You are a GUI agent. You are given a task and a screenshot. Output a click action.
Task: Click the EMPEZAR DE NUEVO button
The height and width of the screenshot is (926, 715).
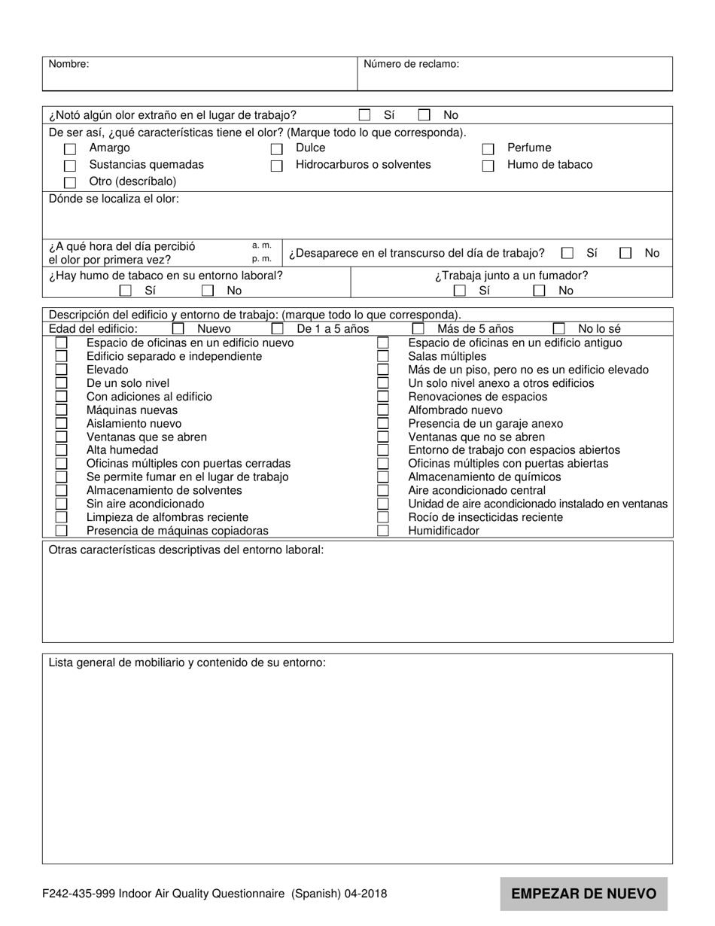[x=583, y=894]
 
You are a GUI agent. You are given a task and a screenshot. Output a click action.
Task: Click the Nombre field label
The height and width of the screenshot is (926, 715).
[x=68, y=65]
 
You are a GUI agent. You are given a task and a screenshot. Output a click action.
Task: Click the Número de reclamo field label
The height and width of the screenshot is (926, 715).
[x=411, y=65]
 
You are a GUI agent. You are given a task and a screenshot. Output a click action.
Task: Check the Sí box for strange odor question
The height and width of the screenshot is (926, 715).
[x=364, y=115]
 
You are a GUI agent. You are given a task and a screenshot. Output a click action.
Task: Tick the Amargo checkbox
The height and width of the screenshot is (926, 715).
[x=70, y=149]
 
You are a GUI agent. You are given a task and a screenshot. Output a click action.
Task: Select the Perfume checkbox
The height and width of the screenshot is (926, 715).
[x=488, y=149]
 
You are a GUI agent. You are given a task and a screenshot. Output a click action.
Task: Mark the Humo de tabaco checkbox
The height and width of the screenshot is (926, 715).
[x=488, y=166]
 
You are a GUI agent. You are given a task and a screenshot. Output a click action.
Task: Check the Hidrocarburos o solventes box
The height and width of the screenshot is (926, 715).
[x=276, y=166]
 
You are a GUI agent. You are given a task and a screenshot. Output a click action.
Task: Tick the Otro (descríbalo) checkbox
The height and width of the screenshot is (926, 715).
[x=70, y=182]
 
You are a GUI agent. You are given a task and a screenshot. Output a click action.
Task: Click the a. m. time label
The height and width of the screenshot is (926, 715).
[x=261, y=245]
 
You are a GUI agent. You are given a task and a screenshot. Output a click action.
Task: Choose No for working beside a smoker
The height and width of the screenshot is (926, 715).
[x=539, y=291]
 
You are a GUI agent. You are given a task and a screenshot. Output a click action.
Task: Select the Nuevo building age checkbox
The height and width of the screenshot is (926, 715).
[x=178, y=329]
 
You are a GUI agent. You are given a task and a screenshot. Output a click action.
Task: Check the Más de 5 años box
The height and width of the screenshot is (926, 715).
[x=418, y=329]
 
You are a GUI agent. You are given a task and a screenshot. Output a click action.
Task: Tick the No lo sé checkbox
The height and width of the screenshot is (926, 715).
[x=558, y=329]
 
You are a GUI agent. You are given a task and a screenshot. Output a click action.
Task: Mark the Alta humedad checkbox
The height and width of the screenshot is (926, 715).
[x=61, y=450]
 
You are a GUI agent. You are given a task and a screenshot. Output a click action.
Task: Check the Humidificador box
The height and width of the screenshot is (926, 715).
[x=383, y=531]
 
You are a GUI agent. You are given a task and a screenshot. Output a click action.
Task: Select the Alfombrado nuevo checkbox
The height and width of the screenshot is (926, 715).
[x=383, y=410]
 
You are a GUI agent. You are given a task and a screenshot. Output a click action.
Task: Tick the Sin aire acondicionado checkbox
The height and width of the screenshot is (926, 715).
[x=61, y=504]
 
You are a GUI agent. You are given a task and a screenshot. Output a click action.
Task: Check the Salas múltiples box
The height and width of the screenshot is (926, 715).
[x=383, y=356]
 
